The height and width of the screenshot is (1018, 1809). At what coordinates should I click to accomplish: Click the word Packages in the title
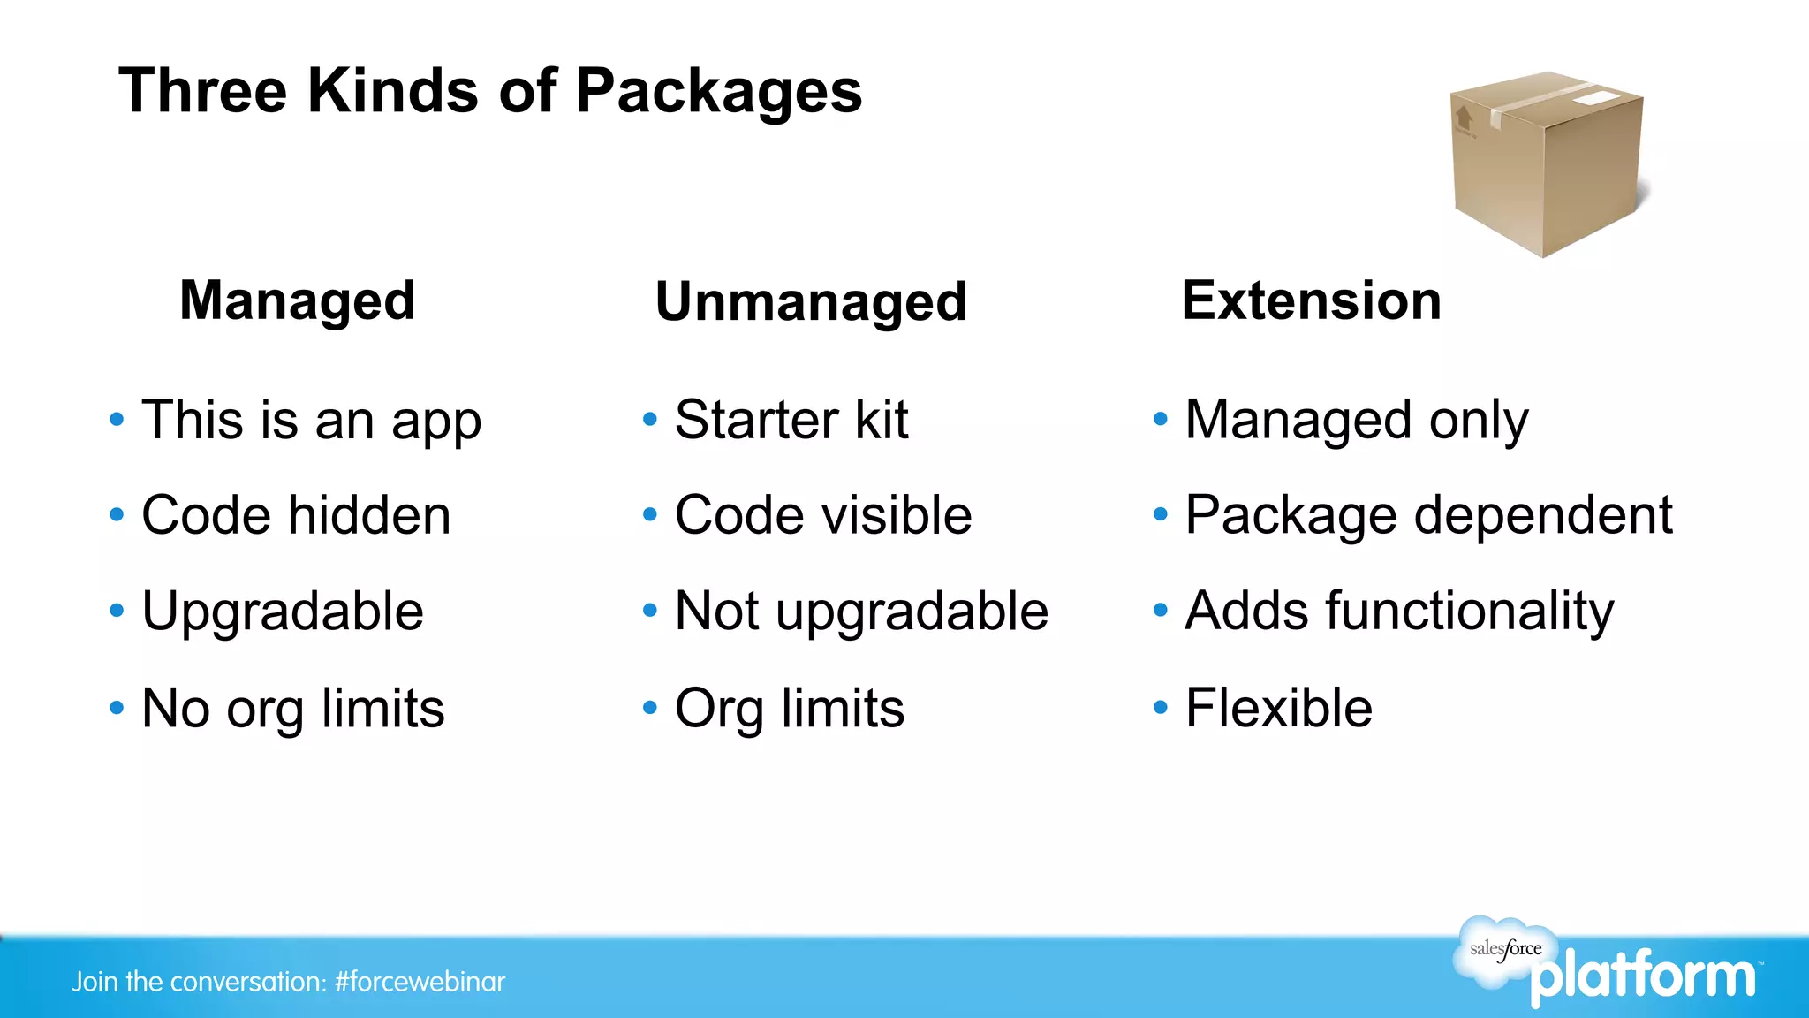(718, 92)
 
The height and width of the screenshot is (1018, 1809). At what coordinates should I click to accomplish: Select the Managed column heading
(297, 300)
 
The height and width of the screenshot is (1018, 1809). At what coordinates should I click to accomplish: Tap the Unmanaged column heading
(811, 301)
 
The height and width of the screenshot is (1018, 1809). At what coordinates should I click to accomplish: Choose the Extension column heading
(1311, 300)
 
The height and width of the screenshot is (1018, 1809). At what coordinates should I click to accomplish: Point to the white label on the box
(1598, 97)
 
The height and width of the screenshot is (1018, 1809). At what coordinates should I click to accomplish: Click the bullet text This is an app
(311, 420)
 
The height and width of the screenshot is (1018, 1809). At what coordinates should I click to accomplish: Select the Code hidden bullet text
(296, 515)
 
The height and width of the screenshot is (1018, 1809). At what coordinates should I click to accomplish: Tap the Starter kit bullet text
(791, 420)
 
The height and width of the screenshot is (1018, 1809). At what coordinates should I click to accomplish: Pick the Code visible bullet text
(822, 515)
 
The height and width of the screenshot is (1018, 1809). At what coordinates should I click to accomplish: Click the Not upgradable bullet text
(861, 611)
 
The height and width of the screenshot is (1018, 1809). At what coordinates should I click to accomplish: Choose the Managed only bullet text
(1356, 420)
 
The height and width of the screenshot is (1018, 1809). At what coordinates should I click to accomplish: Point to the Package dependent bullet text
(1428, 515)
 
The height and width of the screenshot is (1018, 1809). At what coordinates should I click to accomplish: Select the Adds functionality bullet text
(1399, 611)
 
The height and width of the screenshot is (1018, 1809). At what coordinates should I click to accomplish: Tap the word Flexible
(1278, 708)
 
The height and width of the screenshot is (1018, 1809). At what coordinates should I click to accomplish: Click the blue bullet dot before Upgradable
(117, 611)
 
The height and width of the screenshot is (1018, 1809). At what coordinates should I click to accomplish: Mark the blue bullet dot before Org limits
(650, 708)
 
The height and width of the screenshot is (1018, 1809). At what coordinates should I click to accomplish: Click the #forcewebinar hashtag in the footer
(420, 982)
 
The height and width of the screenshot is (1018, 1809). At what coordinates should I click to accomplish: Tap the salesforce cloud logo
(1503, 949)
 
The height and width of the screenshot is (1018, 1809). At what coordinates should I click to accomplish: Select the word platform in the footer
(1643, 977)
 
